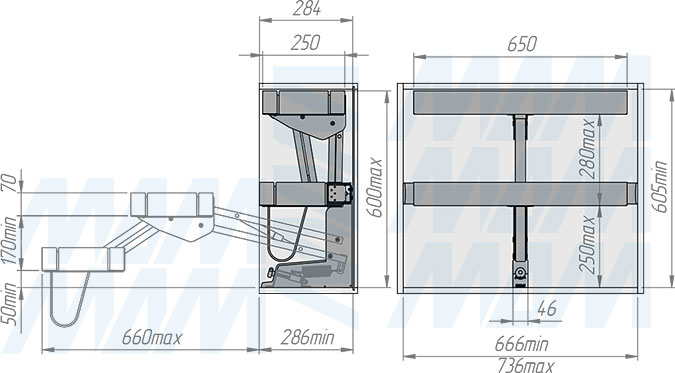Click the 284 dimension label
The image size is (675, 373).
tap(307, 9)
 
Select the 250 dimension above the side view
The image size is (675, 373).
tap(305, 43)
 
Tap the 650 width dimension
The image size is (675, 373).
tap(522, 44)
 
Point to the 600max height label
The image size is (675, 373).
tap(375, 188)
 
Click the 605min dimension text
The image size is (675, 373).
tap(659, 186)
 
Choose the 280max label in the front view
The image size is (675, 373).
tap(588, 149)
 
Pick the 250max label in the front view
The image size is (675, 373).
tap(588, 245)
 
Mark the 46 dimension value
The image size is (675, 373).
tap(547, 308)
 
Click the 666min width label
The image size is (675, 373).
tap(521, 344)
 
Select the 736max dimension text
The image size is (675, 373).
tap(526, 366)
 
